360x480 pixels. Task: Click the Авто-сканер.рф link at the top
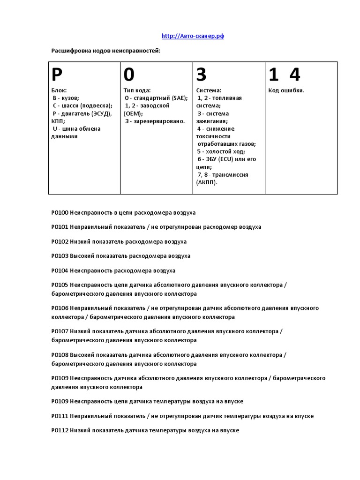click(x=193, y=36)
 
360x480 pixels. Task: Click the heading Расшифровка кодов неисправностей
click(x=105, y=50)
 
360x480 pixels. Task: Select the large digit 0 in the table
click(x=129, y=75)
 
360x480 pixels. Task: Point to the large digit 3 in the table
click(x=201, y=75)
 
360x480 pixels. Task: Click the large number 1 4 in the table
click(x=285, y=75)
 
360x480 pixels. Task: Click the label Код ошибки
click(x=286, y=90)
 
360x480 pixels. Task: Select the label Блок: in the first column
click(x=59, y=90)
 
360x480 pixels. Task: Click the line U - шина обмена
click(x=77, y=129)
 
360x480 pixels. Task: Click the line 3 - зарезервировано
click(x=155, y=121)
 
